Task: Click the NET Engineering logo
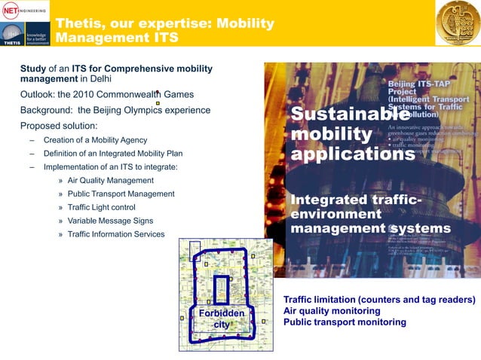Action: point(25,11)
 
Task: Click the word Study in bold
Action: point(33,69)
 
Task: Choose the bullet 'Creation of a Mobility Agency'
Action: point(95,140)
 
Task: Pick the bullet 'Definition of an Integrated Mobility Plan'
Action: point(113,154)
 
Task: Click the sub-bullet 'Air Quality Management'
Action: point(111,181)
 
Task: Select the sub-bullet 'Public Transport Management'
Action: point(121,194)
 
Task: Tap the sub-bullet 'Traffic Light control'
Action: point(102,207)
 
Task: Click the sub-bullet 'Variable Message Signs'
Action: point(110,221)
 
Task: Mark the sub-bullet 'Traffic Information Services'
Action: point(116,234)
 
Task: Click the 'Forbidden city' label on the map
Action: point(221,319)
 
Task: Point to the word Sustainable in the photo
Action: point(345,115)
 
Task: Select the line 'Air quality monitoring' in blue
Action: point(332,310)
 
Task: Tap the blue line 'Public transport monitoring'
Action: point(345,322)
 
